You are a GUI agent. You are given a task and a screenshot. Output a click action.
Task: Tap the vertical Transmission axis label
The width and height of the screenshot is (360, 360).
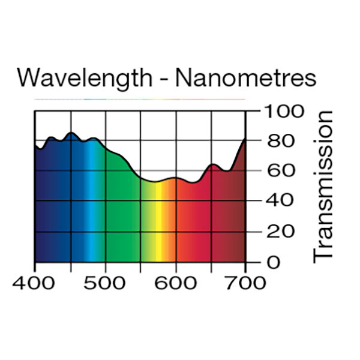point(323,186)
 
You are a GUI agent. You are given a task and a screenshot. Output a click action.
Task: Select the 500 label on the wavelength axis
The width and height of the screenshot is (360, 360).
point(105,281)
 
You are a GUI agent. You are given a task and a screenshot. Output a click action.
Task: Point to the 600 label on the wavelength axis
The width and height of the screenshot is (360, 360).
point(176,281)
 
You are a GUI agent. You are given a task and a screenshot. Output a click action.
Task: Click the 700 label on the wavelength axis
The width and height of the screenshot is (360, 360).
point(246,281)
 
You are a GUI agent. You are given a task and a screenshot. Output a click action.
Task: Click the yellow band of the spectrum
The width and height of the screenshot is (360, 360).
point(161,228)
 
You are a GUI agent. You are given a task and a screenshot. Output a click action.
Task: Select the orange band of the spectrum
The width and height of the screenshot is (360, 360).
point(172,228)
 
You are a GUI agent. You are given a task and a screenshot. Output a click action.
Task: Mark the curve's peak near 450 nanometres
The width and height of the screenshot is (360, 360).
point(71,133)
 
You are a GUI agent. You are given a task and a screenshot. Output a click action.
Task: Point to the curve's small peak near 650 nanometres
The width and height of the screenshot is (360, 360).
point(212,164)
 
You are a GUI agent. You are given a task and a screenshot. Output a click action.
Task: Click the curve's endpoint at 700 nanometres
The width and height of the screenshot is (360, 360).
point(245,140)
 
